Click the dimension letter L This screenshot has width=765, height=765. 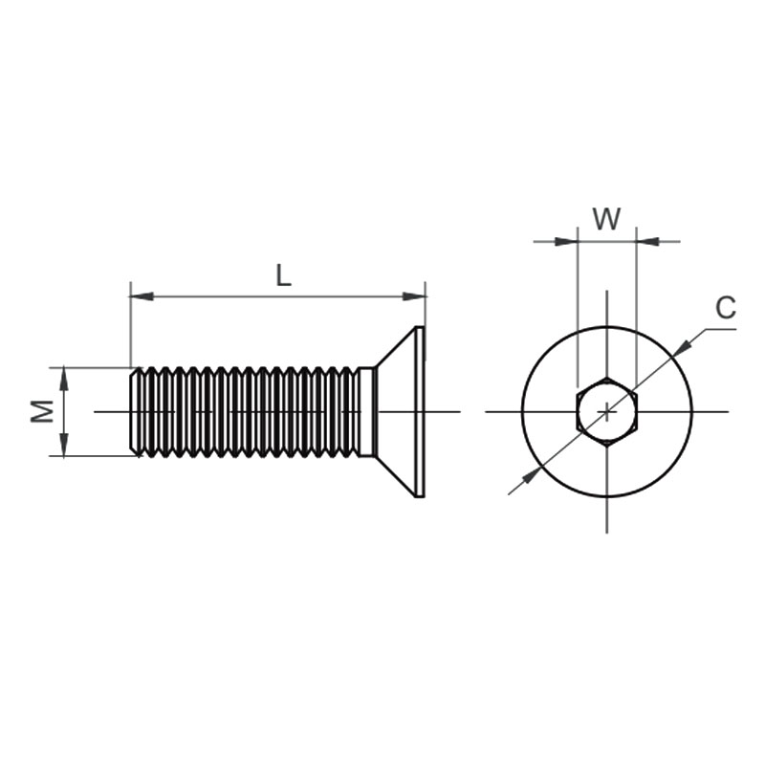[x=283, y=275]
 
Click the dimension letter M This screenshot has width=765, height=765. [x=42, y=411]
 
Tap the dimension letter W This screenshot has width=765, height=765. [x=607, y=219]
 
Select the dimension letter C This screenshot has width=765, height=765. [x=726, y=308]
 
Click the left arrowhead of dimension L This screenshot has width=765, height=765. [x=142, y=296]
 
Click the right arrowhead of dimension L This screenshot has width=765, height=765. [x=414, y=296]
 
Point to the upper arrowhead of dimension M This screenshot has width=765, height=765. [x=64, y=379]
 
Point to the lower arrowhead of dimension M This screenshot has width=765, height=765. [x=64, y=445]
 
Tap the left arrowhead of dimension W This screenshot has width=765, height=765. [x=566, y=241]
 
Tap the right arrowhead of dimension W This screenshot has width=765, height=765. [x=648, y=241]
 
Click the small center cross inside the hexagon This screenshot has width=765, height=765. [x=607, y=412]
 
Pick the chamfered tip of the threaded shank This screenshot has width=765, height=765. [x=133, y=411]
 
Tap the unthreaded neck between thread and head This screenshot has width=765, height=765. [x=367, y=412]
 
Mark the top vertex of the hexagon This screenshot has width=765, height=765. [x=607, y=377]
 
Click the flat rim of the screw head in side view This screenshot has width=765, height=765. [x=420, y=412]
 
